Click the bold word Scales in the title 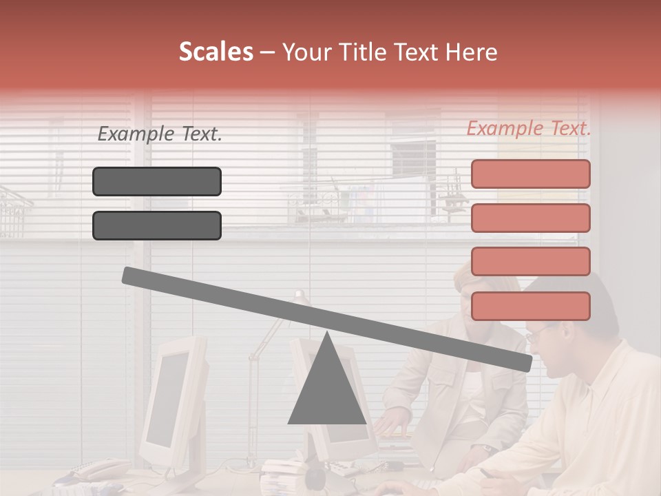[x=216, y=52]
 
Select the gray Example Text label [x=159, y=134]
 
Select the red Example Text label [x=528, y=128]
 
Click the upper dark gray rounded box [x=157, y=181]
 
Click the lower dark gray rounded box [x=157, y=225]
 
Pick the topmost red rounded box [x=530, y=174]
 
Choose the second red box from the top [x=530, y=218]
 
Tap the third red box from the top [x=530, y=261]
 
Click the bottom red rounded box [x=530, y=306]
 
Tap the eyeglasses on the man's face [x=538, y=335]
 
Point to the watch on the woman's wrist [x=487, y=448]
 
